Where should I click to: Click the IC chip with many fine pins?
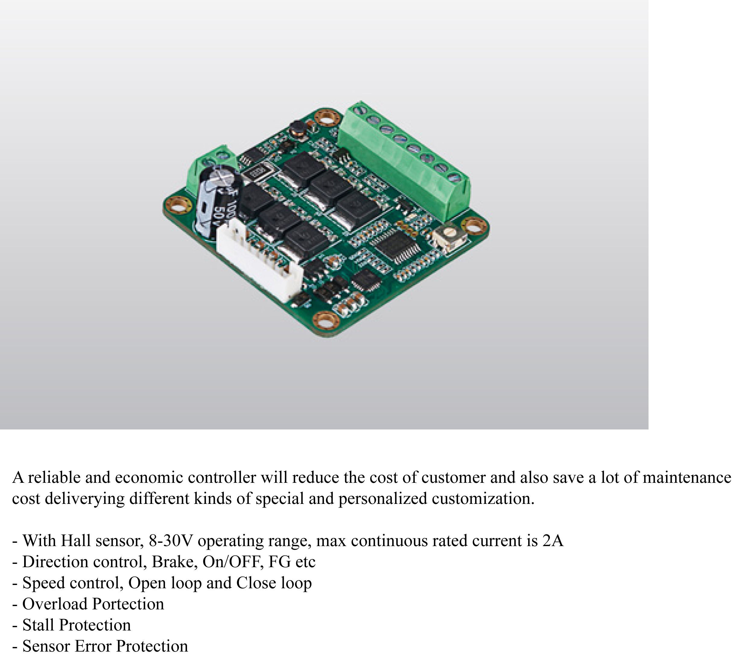[x=396, y=248]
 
